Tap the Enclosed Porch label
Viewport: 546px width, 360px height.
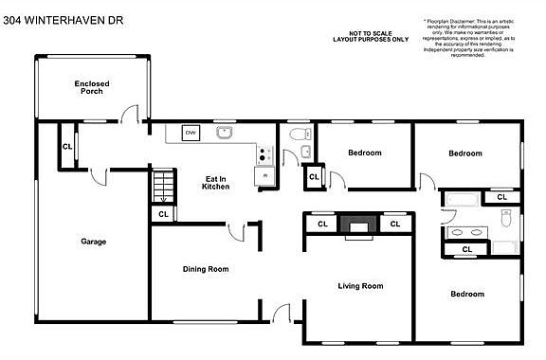(92, 88)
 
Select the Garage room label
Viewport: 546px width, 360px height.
(93, 242)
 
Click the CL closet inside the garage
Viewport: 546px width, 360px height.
(67, 147)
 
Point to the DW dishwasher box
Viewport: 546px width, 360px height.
(191, 133)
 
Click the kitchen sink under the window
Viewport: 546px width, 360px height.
(225, 133)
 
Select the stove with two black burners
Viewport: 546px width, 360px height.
(266, 154)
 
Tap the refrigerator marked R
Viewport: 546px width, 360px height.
(264, 175)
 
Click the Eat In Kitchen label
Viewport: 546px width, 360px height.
(216, 182)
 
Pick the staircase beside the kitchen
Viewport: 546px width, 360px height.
(165, 185)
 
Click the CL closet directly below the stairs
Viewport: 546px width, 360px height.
(163, 214)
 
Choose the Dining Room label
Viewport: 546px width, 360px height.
(206, 269)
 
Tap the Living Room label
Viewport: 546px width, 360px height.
(359, 285)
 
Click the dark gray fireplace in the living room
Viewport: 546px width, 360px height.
(357, 225)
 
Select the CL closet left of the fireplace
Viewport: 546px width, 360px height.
(321, 225)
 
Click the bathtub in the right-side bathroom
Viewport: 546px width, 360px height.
(463, 200)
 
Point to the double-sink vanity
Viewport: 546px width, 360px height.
(464, 230)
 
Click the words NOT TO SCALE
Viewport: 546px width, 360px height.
(370, 32)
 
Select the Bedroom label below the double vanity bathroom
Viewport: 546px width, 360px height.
(466, 295)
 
